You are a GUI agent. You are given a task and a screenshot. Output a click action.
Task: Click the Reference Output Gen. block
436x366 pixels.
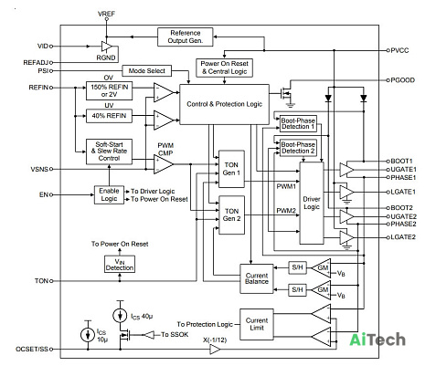(185, 37)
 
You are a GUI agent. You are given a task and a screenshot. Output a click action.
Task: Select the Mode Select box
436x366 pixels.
(146, 71)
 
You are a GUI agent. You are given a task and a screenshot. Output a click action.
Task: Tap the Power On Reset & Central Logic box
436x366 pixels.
(224, 68)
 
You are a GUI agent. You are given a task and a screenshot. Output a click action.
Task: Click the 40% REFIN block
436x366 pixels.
(109, 116)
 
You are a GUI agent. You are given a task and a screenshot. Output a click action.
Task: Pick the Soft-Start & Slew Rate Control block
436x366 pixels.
(109, 152)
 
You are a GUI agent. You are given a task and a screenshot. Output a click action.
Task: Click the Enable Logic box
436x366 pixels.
(109, 194)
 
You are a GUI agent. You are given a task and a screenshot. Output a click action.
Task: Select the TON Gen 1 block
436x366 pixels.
(231, 169)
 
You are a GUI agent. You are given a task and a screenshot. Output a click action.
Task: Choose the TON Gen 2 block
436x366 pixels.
(231, 214)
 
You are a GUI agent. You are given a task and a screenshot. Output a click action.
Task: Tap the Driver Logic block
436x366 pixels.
(312, 203)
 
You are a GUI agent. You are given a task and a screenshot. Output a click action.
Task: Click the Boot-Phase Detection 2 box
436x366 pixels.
(298, 148)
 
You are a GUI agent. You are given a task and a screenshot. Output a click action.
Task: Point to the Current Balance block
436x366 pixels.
(257, 278)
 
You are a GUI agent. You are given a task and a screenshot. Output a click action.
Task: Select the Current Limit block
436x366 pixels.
(257, 324)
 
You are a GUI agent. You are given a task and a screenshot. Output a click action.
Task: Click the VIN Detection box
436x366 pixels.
(120, 265)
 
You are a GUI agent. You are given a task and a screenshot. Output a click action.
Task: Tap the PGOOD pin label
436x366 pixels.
(402, 80)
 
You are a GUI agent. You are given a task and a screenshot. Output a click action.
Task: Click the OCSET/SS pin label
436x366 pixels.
(32, 349)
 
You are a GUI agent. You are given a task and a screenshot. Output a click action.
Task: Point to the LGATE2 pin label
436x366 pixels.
(403, 237)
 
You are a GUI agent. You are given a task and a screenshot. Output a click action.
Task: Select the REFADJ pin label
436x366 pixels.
(36, 63)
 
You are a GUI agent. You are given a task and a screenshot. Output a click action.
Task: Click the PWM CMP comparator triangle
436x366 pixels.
(164, 164)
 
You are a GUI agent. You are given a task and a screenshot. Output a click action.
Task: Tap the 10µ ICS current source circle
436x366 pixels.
(88, 335)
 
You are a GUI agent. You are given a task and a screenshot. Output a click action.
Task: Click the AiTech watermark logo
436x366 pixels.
(378, 340)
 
